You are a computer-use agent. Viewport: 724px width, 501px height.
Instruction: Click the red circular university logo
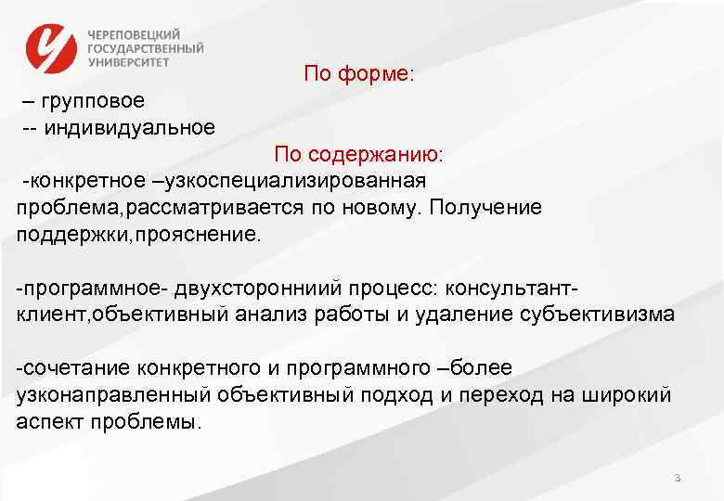[53, 49]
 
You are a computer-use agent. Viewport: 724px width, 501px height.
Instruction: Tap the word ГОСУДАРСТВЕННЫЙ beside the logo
[147, 48]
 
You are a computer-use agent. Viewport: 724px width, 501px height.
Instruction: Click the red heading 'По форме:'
[358, 74]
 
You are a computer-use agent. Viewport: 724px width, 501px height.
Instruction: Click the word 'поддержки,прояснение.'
[139, 234]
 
